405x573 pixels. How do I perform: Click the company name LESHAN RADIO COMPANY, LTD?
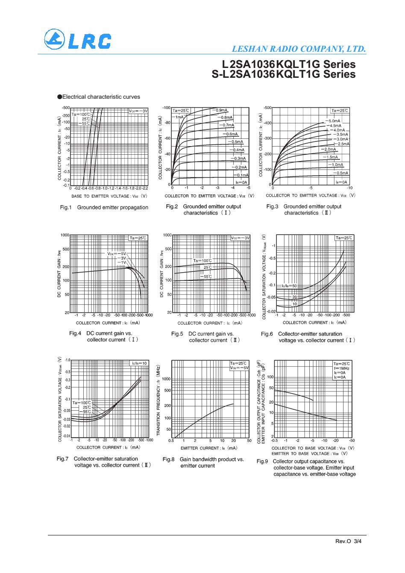tap(299, 49)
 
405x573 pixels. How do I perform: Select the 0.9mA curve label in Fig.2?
tap(221, 110)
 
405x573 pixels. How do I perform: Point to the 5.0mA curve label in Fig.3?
tap(334, 121)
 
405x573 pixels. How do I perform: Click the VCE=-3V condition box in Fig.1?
tap(138, 111)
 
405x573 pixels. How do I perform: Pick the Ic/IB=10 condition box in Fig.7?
tap(139, 363)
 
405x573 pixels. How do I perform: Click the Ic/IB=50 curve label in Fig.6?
tap(289, 285)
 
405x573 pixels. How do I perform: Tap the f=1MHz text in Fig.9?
tap(341, 368)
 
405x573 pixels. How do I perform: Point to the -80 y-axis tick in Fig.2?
tap(167, 123)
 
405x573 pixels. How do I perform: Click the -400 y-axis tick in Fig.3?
tap(267, 123)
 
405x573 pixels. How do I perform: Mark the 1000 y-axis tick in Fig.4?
tap(65, 235)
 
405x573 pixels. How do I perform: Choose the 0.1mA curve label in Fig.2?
tap(242, 175)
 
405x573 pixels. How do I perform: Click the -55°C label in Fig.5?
tap(207, 276)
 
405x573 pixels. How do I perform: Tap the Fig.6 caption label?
tap(267, 334)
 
